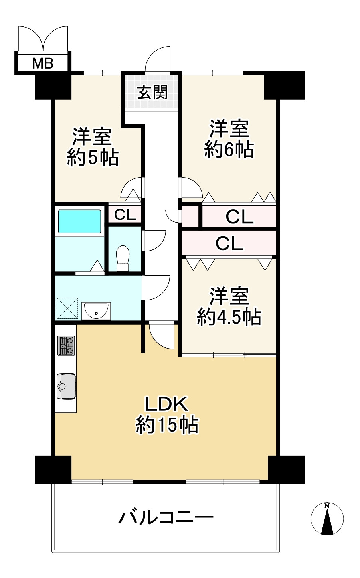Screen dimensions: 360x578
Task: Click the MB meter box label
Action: tap(43, 63)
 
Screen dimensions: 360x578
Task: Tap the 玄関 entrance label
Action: tap(152, 93)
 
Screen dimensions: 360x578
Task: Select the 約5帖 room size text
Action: tap(93, 157)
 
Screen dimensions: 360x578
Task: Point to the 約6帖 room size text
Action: tap(229, 150)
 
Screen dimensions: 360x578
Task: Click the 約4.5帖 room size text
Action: tap(229, 317)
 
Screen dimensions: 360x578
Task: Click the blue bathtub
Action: tap(79, 221)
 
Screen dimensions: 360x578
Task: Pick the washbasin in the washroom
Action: tap(96, 311)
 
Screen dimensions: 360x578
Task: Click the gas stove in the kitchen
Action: tap(66, 345)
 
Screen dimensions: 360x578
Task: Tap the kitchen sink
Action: tap(66, 386)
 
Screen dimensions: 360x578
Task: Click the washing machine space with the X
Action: tap(67, 308)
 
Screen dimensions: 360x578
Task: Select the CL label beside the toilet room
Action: tap(125, 215)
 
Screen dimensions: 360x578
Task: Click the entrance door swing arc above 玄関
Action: tap(158, 59)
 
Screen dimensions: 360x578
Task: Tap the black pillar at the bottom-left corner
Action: tap(53, 470)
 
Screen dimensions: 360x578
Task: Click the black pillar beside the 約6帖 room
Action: tap(284, 85)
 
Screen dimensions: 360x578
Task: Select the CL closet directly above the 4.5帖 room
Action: tap(229, 243)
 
